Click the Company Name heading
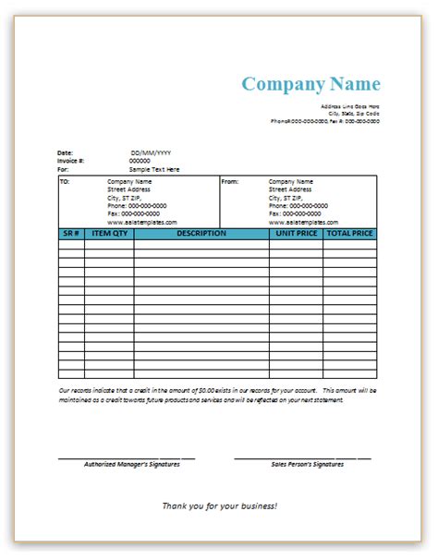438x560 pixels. (x=310, y=84)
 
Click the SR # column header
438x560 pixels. (x=71, y=234)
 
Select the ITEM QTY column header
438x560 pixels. (x=109, y=234)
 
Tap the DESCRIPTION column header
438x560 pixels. (x=201, y=234)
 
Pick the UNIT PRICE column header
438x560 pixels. (x=296, y=234)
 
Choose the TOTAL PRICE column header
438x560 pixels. (x=349, y=234)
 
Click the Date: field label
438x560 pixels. (x=65, y=152)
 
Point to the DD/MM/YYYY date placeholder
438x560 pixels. (x=151, y=152)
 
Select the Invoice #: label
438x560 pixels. (x=70, y=161)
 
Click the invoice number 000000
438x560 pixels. (x=140, y=161)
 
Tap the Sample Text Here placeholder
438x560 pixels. (x=154, y=170)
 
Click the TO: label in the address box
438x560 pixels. (x=65, y=182)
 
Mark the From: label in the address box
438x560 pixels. (x=230, y=182)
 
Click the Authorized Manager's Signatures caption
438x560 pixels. (x=132, y=464)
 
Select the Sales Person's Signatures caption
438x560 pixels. (x=308, y=464)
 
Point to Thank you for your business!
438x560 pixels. (x=219, y=505)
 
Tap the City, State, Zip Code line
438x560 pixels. (x=355, y=114)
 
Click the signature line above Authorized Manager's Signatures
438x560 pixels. (x=127, y=457)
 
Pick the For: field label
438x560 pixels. (x=63, y=170)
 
